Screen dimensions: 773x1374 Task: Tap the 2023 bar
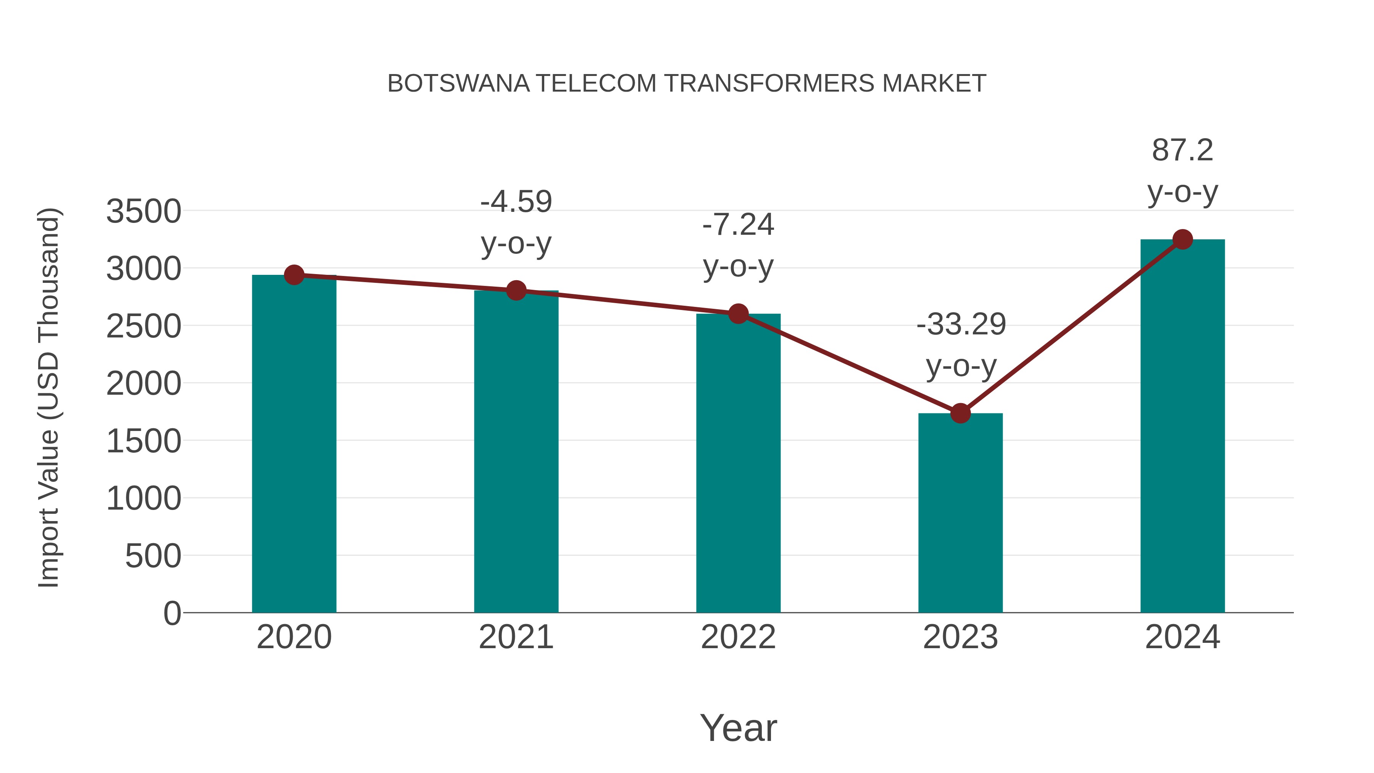pyautogui.click(x=960, y=512)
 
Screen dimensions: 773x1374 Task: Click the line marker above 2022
pyautogui.click(x=738, y=314)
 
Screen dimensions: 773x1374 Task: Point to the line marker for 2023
pyautogui.click(x=960, y=413)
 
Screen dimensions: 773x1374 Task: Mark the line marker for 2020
pyautogui.click(x=294, y=275)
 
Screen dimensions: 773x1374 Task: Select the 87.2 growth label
pyautogui.click(x=1182, y=150)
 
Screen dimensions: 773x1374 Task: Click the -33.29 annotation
pyautogui.click(x=961, y=324)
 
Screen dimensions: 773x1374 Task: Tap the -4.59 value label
pyautogui.click(x=516, y=202)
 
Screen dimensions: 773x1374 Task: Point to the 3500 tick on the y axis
pyautogui.click(x=144, y=211)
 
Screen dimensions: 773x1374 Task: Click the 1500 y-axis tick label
pyautogui.click(x=144, y=441)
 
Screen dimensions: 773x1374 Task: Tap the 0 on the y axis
pyautogui.click(x=172, y=613)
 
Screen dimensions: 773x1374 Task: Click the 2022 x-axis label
pyautogui.click(x=738, y=637)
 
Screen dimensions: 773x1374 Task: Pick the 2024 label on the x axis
pyautogui.click(x=1182, y=637)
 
